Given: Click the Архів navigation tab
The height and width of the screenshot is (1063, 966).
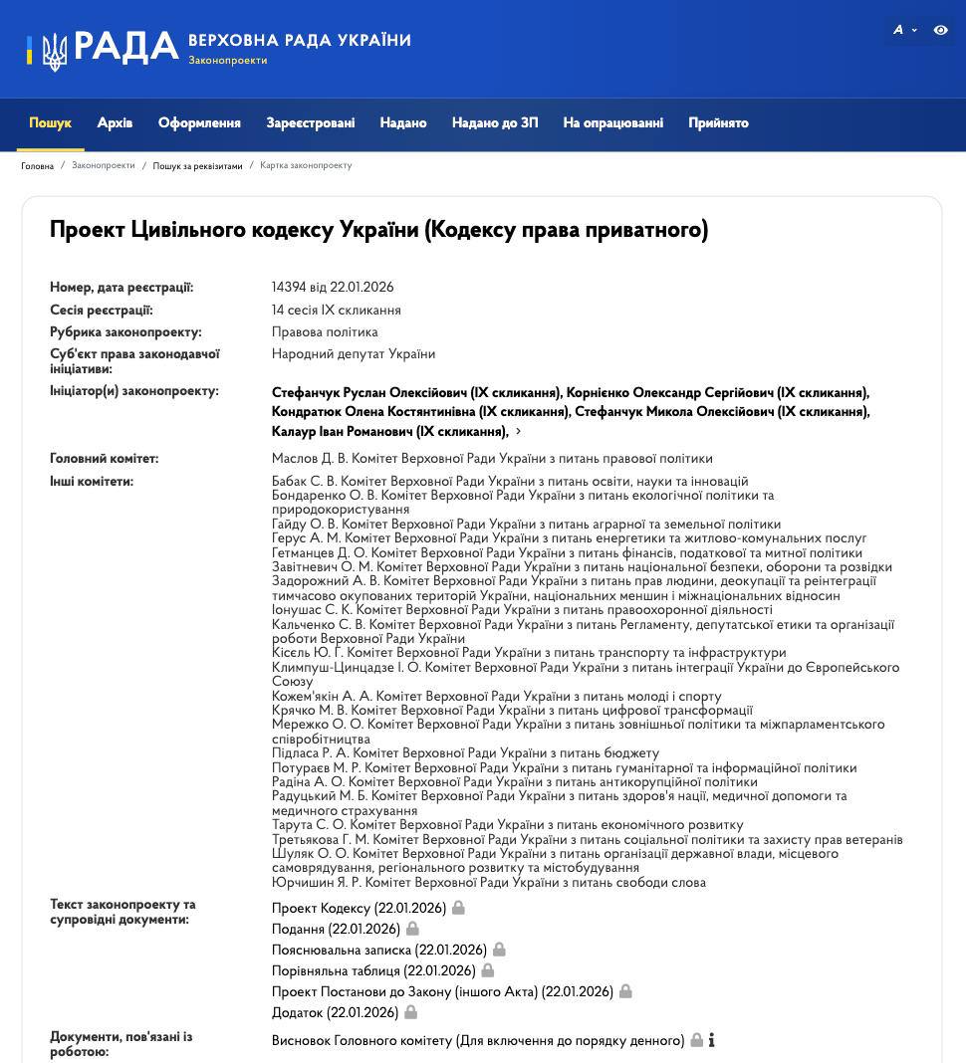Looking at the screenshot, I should [115, 123].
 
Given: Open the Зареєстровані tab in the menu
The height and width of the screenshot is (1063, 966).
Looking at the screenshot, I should [310, 123].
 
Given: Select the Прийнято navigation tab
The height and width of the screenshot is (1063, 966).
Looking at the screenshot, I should [718, 123].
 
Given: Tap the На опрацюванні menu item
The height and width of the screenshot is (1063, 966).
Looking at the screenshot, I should [612, 123].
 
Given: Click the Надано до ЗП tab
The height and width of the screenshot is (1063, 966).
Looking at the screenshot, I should [495, 123].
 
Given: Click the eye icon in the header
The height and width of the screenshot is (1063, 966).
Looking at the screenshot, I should [940, 31].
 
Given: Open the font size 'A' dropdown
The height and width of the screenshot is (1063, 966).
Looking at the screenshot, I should [903, 31].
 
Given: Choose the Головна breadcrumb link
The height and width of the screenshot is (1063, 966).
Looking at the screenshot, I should [38, 166].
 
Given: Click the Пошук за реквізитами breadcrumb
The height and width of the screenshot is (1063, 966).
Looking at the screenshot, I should [197, 166].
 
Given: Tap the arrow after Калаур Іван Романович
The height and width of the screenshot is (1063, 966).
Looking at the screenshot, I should [518, 432].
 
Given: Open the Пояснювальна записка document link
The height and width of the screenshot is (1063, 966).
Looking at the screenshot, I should [378, 951].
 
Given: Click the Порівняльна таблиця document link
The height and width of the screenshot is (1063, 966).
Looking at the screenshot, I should [373, 971].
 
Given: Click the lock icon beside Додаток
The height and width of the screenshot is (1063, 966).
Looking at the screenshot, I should [410, 1012].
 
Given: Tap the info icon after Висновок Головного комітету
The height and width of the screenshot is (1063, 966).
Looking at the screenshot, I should [711, 1041].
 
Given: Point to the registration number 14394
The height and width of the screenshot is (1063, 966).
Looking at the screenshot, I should [288, 288].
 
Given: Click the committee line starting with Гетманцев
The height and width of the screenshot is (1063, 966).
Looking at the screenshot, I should [566, 553].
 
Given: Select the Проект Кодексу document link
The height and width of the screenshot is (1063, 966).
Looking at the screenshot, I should [359, 909].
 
